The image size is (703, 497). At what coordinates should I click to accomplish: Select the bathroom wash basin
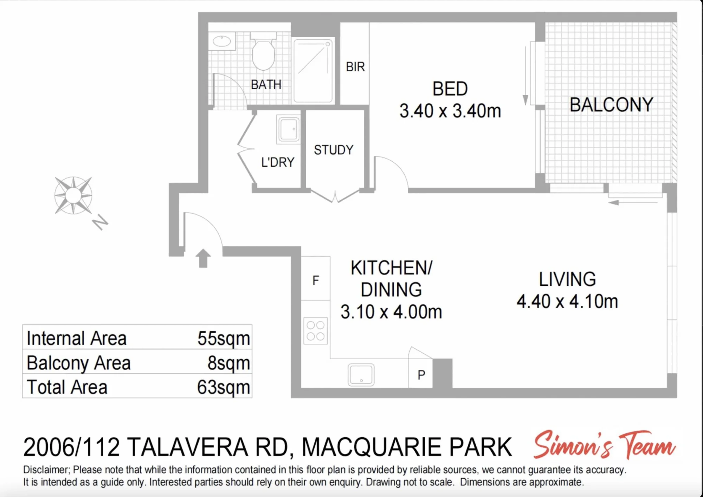pyautogui.click(x=222, y=41)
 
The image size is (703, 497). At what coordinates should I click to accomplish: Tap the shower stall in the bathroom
pyautogui.click(x=313, y=71)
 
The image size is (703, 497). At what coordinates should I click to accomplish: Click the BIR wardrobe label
pyautogui.click(x=355, y=67)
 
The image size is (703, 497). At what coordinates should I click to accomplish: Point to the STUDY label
pyautogui.click(x=334, y=150)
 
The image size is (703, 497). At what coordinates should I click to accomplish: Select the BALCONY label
pyautogui.click(x=611, y=105)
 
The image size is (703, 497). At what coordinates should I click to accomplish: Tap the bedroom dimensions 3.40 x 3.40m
pyautogui.click(x=450, y=111)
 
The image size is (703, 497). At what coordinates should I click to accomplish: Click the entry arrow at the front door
pyautogui.click(x=203, y=258)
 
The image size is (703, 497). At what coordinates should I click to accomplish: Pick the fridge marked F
pyautogui.click(x=316, y=278)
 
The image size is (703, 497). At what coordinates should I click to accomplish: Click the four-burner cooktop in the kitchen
pyautogui.click(x=316, y=331)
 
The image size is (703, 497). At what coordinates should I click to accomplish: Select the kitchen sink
pyautogui.click(x=361, y=375)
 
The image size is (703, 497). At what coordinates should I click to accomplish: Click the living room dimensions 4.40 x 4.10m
pyautogui.click(x=567, y=302)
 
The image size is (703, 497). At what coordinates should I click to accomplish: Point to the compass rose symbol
pyautogui.click(x=73, y=195)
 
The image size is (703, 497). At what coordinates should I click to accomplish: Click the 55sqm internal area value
pyautogui.click(x=224, y=338)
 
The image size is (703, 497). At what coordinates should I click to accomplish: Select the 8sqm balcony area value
pyautogui.click(x=228, y=363)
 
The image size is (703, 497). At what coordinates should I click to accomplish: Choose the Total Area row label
pyautogui.click(x=67, y=387)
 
